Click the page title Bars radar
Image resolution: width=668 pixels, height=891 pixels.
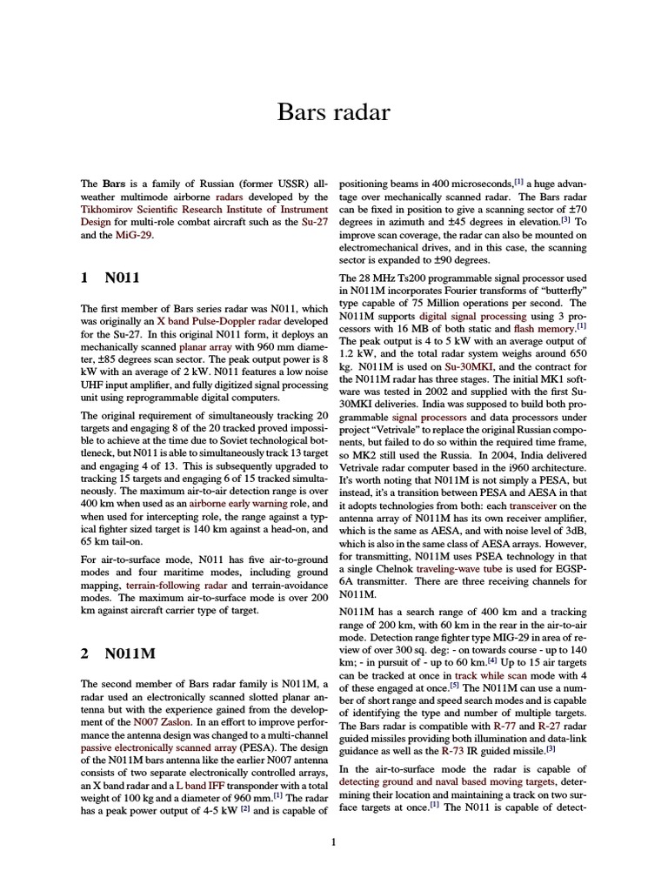click(334, 113)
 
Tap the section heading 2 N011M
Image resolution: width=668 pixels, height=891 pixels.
click(110, 653)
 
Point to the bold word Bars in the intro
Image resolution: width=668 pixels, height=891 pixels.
click(114, 184)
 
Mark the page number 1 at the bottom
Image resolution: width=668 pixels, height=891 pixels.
click(333, 841)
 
